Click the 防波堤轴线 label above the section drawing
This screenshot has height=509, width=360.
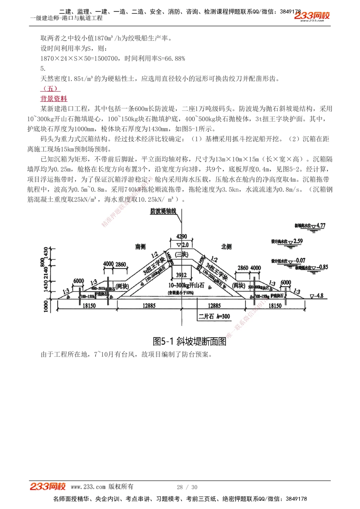(x=163, y=211)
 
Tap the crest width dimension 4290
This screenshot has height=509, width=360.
(x=181, y=236)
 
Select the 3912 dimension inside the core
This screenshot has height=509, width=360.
(x=181, y=275)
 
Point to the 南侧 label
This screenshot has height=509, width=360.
(x=140, y=246)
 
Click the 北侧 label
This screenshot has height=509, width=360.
(x=226, y=246)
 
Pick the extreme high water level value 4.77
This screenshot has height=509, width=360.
(x=321, y=226)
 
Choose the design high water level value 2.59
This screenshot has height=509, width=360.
(x=298, y=241)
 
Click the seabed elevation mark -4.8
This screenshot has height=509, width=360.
(x=319, y=296)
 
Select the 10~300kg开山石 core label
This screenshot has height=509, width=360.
(x=186, y=285)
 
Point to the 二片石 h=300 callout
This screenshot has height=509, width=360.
(x=214, y=316)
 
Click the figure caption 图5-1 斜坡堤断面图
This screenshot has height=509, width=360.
(x=189, y=341)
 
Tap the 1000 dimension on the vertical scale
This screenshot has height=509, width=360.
(x=46, y=306)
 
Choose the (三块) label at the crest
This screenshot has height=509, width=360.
(x=181, y=254)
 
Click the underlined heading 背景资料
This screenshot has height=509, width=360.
(x=54, y=99)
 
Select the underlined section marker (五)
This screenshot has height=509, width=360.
(x=50, y=88)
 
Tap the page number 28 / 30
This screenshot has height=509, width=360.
(x=187, y=487)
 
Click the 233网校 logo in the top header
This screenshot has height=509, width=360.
(x=312, y=16)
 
